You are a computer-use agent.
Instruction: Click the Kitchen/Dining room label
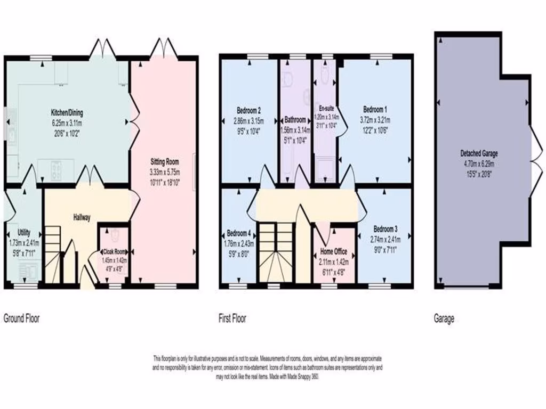(67, 113)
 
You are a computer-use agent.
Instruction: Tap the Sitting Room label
(164, 161)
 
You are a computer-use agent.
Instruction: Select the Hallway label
(82, 217)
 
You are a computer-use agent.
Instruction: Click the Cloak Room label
(114, 252)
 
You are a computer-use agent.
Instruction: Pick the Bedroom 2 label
(248, 111)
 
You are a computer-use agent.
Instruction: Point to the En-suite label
(325, 108)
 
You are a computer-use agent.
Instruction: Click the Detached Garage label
(479, 154)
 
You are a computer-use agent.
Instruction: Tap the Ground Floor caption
(22, 319)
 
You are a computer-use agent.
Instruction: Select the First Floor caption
(232, 319)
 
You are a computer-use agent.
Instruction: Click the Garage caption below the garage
(444, 319)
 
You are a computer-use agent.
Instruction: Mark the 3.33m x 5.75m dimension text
(164, 172)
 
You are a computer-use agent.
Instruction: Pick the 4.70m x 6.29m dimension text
(479, 163)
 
